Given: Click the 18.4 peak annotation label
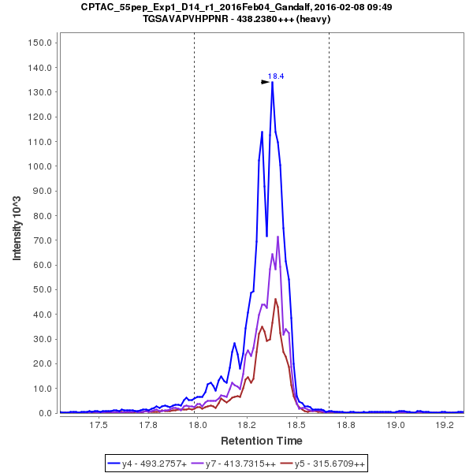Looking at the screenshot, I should pos(276,76).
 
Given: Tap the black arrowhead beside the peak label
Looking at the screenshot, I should pos(266,81).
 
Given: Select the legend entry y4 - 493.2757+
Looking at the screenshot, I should pos(153,463).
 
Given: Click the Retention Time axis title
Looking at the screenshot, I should pos(261,441).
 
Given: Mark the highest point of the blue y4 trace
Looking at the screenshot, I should pos(272,82).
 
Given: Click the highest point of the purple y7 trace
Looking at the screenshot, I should pos(278,236).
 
